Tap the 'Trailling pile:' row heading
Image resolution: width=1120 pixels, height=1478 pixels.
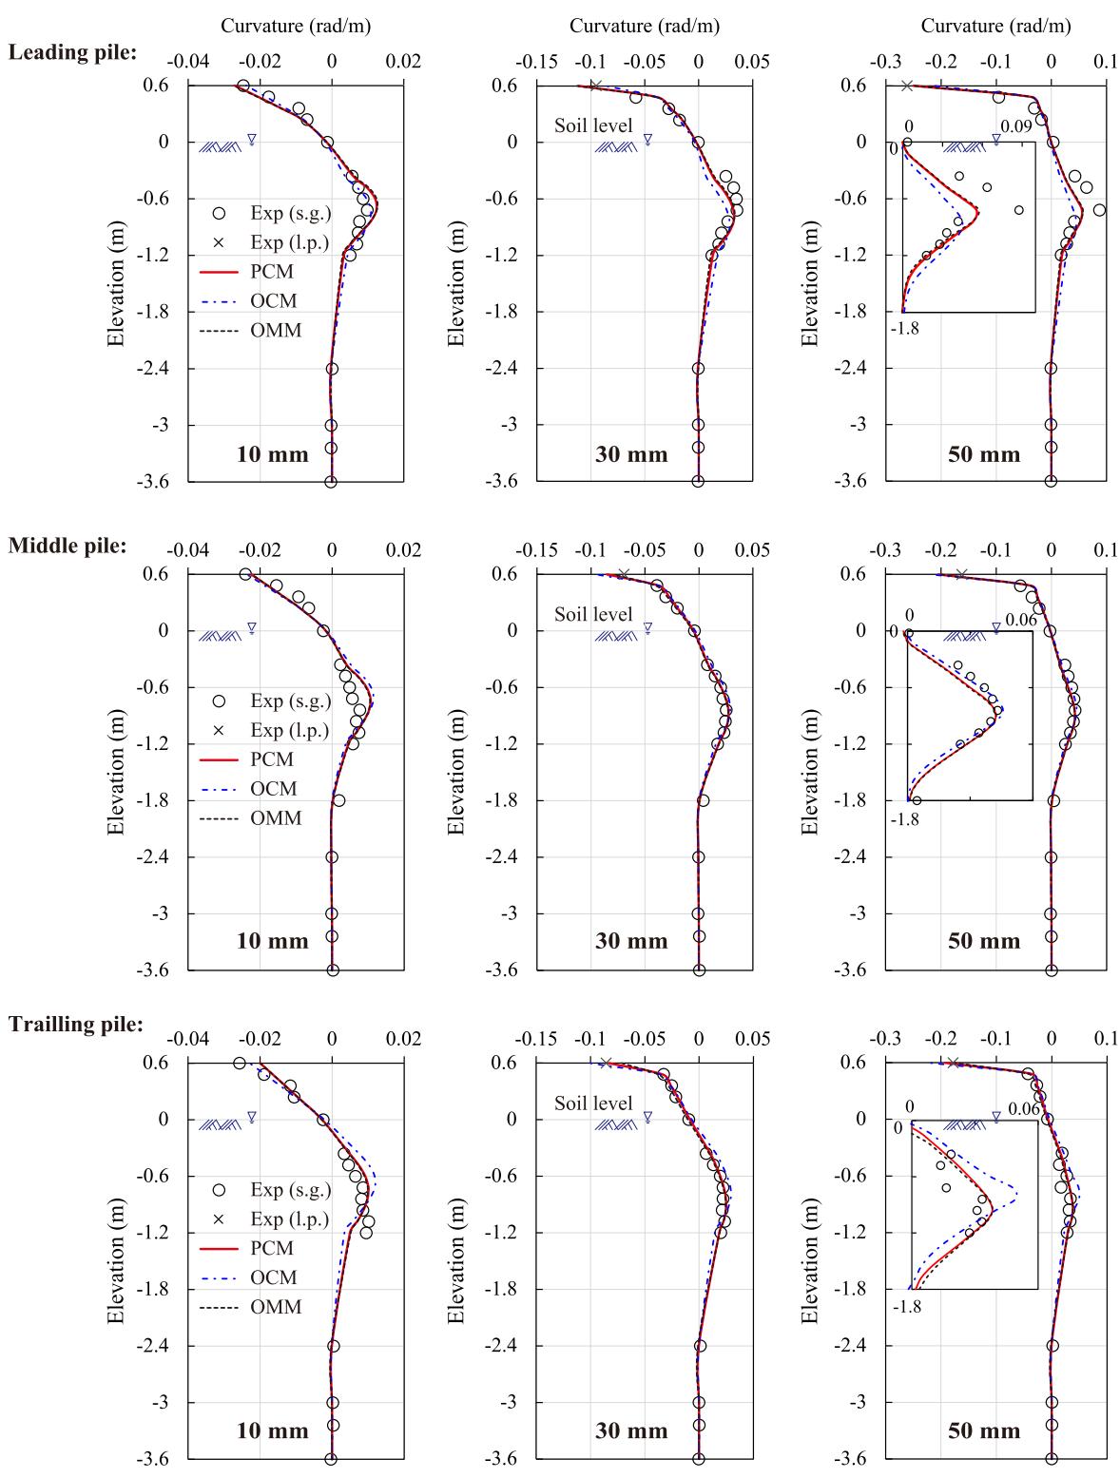coord(76,1025)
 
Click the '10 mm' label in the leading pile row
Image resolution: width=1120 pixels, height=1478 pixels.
coord(272,454)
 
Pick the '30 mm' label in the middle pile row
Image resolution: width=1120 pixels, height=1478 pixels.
coord(631,941)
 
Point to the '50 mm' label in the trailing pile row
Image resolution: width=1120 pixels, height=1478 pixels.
coord(983,1430)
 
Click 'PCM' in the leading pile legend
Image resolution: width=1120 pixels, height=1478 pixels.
coord(272,272)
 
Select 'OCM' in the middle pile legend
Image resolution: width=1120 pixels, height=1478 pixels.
coord(274,789)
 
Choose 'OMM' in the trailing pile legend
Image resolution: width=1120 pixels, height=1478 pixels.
coord(276,1307)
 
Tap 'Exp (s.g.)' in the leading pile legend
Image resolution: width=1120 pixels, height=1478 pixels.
coord(290,214)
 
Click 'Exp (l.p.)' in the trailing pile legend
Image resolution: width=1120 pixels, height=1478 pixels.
coord(290,1219)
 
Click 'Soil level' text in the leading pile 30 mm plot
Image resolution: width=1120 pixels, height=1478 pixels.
coord(593,125)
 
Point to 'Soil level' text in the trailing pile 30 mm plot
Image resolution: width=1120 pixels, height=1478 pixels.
coord(593,1104)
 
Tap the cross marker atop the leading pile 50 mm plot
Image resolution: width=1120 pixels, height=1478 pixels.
coord(907,86)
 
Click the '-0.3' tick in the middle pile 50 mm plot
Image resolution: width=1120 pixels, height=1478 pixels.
coord(887,550)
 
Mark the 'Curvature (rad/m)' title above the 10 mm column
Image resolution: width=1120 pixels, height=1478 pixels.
coord(295,27)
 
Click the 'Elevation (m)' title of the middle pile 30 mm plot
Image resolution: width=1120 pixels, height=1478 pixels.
coord(456,772)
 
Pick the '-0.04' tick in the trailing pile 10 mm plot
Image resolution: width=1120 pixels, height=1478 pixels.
coord(187,1039)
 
